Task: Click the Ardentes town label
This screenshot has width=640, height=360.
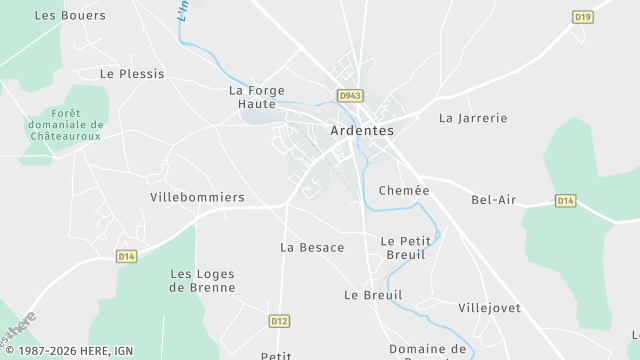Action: coord(362,131)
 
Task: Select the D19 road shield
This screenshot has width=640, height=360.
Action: coord(583,17)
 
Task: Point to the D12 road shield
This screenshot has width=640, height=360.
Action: coord(279,321)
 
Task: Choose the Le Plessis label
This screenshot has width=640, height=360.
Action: coord(132,74)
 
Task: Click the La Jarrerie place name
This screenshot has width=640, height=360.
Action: coord(473,118)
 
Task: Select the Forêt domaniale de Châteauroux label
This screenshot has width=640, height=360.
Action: coord(66,124)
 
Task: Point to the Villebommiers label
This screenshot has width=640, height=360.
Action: coord(197,198)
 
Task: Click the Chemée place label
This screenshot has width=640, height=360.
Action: coord(404,191)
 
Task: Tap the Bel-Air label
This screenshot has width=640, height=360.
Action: coord(494,200)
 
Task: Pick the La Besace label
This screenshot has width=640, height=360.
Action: coord(312,248)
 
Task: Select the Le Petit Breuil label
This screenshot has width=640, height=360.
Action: coord(404,248)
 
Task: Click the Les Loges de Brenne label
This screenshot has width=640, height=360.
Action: coord(203,281)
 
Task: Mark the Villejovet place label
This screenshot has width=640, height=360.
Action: coord(489,308)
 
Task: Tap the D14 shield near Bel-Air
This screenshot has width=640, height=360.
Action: coord(566,201)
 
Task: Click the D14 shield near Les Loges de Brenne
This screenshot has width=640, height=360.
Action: coord(126,257)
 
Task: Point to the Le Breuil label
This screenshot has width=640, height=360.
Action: coord(373,296)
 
